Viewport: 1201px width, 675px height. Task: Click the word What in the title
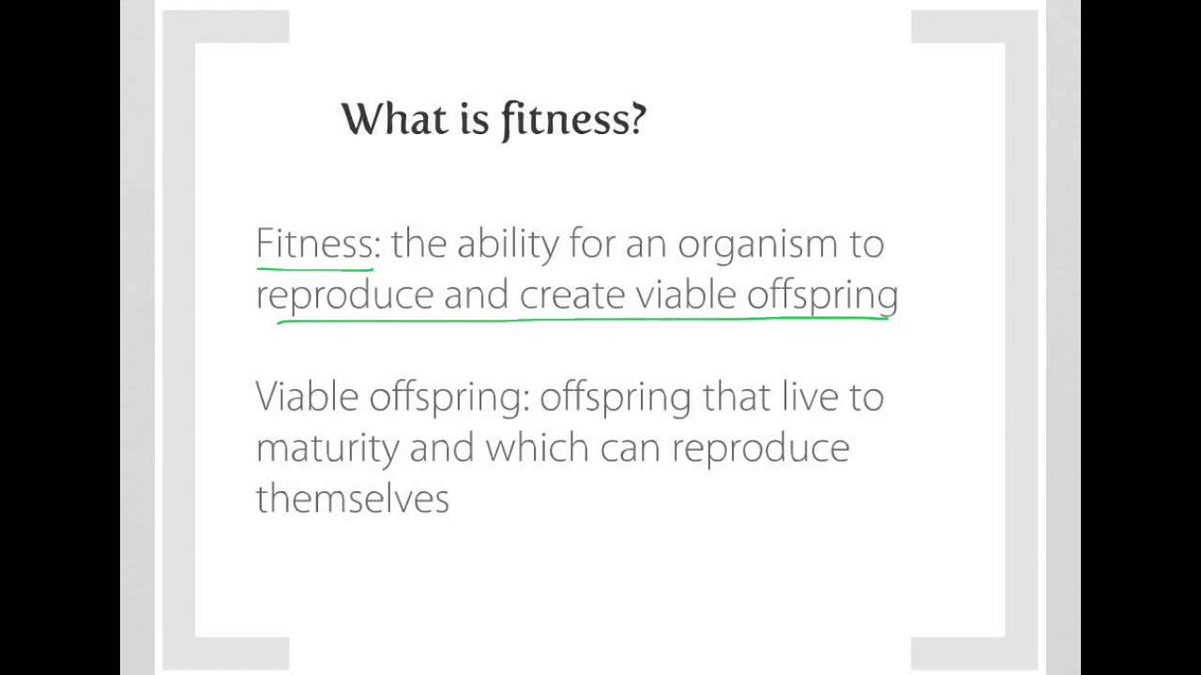coord(387,119)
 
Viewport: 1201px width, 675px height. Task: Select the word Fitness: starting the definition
coord(318,244)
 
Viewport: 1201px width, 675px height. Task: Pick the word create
coord(572,294)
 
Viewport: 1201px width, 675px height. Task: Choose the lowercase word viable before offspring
coord(687,294)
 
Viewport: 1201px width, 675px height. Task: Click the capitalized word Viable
coord(307,397)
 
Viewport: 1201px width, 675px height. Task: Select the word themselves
coord(352,498)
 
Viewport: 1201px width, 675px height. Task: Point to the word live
coord(810,397)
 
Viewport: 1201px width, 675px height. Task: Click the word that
coord(737,397)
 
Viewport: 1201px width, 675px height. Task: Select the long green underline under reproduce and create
coord(582,320)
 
